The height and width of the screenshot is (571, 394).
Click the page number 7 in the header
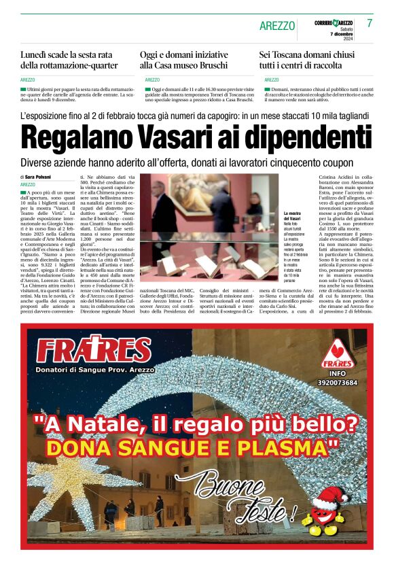tap(369, 23)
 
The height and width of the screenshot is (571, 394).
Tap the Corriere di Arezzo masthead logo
tap(333, 22)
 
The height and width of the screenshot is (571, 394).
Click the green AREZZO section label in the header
tap(277, 26)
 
